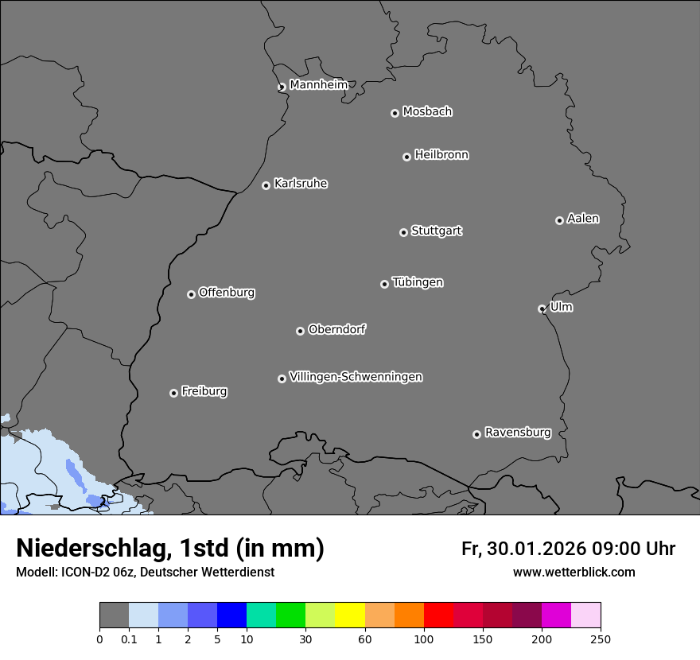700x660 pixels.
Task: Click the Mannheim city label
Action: click(318, 85)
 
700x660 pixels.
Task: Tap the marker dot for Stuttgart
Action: click(403, 232)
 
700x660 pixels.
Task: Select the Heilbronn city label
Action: click(441, 155)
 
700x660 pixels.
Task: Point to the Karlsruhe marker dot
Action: click(266, 185)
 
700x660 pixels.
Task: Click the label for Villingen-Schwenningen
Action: click(356, 377)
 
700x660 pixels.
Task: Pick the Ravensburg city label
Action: click(518, 433)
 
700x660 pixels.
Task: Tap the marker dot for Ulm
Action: click(542, 309)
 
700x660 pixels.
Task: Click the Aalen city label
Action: click(583, 219)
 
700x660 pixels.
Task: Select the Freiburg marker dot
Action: click(173, 393)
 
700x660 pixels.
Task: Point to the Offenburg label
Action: click(227, 293)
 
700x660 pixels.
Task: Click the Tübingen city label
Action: click(418, 282)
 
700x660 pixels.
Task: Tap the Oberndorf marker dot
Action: click(300, 331)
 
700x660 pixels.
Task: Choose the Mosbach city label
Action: click(427, 112)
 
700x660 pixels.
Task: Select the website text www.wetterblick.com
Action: click(574, 572)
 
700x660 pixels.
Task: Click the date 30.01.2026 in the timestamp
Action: click(535, 549)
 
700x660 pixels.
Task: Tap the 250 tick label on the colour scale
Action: click(601, 638)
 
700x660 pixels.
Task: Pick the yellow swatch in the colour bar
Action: click(350, 615)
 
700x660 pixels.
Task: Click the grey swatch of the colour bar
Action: click(114, 615)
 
